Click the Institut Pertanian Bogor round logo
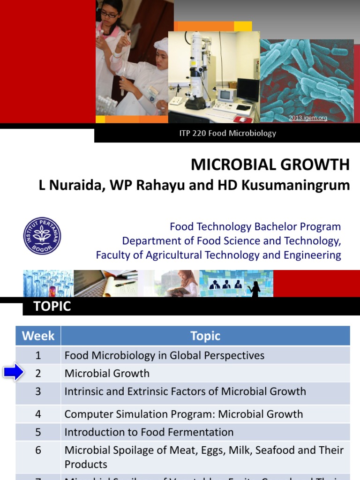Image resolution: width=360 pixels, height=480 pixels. pos(42,236)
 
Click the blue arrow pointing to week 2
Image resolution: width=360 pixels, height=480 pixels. pos(14,373)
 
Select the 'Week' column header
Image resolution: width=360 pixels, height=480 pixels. pos(38,336)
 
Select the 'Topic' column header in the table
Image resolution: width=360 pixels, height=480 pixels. pos(205,336)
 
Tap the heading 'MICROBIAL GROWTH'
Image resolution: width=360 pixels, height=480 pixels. pos(270,165)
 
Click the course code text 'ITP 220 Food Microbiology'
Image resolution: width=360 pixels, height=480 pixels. pos(227,133)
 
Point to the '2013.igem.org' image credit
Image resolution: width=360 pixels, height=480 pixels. pos(307,118)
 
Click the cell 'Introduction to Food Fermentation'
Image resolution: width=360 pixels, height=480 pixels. pos(149,432)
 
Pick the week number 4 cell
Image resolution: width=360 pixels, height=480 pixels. pos(38,414)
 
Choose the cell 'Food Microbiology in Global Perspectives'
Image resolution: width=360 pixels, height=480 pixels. pos(164,355)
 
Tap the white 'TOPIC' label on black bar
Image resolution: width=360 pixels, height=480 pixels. pos(52,307)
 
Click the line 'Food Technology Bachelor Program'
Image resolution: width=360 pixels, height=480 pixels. pos(255,227)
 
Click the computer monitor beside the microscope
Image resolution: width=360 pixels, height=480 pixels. pos(248,90)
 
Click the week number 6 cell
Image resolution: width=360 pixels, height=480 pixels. pos(38,450)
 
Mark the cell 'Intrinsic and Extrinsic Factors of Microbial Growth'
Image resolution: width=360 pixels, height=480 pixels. pos(185,391)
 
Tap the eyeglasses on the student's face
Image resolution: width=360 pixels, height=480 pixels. pos(108,15)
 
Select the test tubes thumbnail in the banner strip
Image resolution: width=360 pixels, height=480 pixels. pos(48,284)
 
